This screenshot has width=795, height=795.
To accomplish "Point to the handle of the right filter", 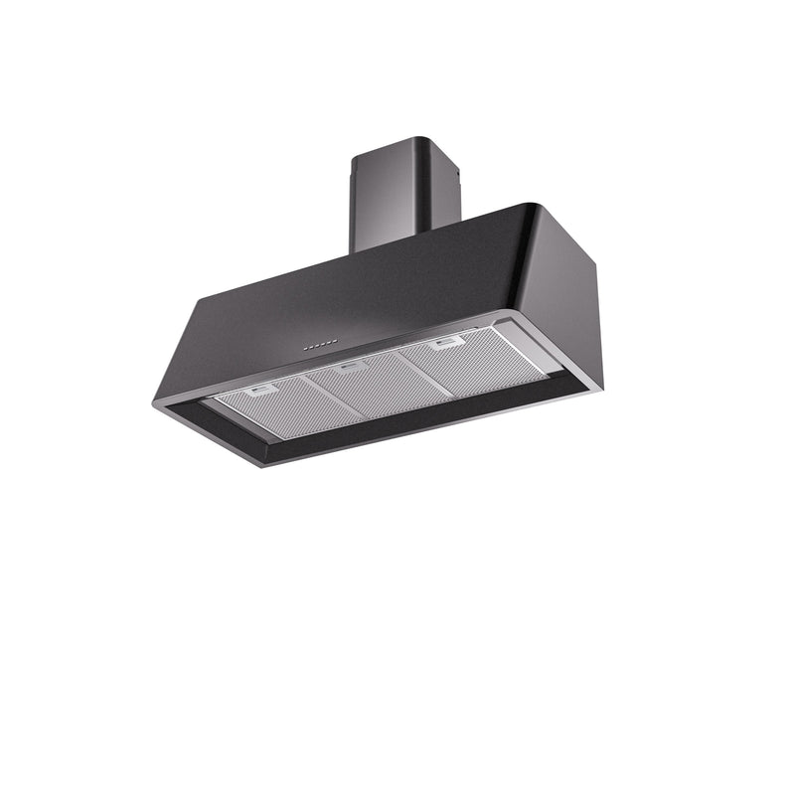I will click(x=446, y=341).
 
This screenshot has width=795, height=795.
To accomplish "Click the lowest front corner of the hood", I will click(x=263, y=465).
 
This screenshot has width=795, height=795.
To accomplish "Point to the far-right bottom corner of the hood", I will click(x=600, y=387).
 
